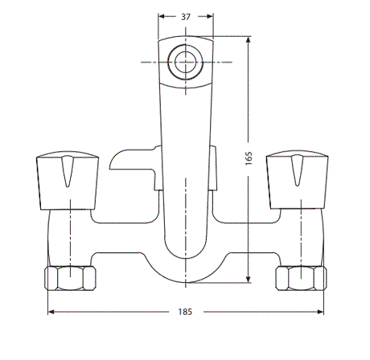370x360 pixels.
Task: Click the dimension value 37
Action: point(186,17)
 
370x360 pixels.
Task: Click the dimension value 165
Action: point(249,158)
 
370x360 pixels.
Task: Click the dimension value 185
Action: point(185,312)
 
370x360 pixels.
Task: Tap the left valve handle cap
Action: point(68,180)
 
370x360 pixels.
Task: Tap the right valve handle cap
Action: point(298,180)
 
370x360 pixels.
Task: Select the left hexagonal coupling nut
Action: point(71,278)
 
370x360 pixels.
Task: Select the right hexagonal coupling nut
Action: point(301,278)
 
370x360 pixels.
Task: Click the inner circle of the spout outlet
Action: point(185,62)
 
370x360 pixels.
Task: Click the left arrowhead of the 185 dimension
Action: point(51,312)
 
